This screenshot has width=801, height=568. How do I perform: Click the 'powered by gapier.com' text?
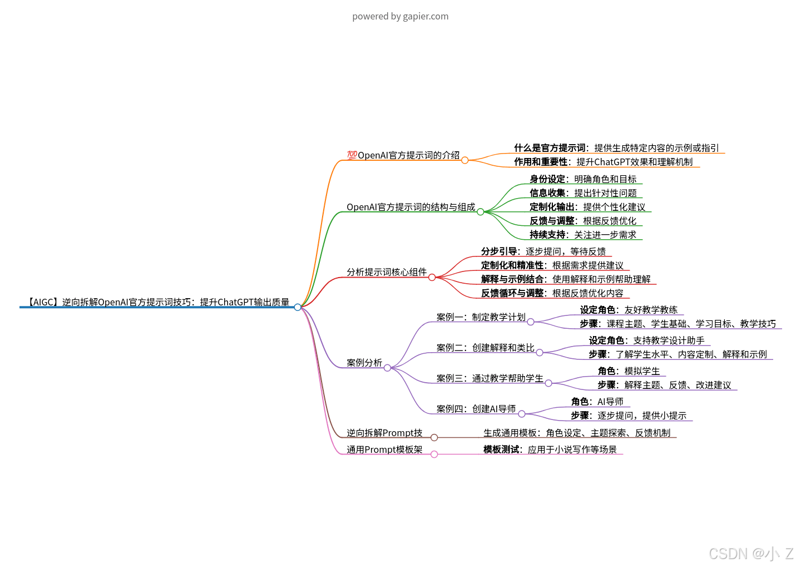tap(400, 16)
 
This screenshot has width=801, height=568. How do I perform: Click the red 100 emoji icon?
tap(352, 155)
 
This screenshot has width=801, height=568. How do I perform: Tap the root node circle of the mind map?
tap(298, 307)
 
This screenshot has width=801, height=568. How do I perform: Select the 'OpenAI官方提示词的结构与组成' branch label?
tap(411, 207)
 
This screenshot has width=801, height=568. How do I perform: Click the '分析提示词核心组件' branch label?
tap(387, 272)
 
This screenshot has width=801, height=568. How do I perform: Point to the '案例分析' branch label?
tap(364, 363)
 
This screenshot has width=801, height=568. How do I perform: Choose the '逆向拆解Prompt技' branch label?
tap(384, 433)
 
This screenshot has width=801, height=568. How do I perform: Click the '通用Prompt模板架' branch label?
tap(384, 450)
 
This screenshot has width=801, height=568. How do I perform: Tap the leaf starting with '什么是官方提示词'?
tap(616, 148)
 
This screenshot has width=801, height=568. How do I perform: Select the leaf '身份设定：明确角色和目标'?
tap(582, 179)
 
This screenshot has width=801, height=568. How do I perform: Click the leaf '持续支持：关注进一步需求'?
tap(582, 235)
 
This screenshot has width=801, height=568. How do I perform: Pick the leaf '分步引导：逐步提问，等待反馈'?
tap(543, 251)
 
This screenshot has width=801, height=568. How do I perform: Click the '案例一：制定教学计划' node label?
tap(481, 317)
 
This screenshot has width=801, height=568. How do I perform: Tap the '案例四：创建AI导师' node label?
tap(476, 409)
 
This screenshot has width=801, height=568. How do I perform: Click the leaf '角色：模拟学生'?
tap(629, 371)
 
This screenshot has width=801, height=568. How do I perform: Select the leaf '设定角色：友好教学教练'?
tap(629, 310)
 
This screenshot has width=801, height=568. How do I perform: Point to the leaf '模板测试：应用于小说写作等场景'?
tap(550, 450)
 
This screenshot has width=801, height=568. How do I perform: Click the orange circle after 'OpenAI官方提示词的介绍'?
tap(465, 160)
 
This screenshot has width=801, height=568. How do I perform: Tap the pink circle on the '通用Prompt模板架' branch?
tap(434, 455)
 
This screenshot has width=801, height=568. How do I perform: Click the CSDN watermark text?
tap(751, 554)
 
